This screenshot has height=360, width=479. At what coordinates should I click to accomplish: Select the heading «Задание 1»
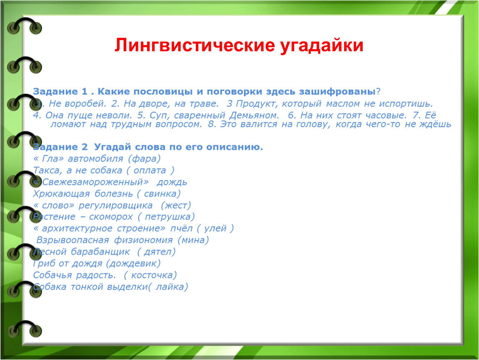[x=60, y=91]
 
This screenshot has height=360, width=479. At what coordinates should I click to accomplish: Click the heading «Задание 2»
[x=60, y=147]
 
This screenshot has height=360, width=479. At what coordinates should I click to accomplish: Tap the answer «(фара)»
[x=144, y=159]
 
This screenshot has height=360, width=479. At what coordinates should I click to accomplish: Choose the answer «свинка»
[x=160, y=194]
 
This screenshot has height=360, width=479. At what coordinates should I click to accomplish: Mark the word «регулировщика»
[x=115, y=206]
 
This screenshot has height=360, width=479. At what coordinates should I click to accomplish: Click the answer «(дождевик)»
[x=133, y=264]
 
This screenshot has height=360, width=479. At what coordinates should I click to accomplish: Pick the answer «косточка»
[x=152, y=275]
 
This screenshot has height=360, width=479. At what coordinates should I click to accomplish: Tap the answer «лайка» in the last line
[x=170, y=287]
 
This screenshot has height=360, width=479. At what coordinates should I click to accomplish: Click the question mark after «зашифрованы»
[x=378, y=91]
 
